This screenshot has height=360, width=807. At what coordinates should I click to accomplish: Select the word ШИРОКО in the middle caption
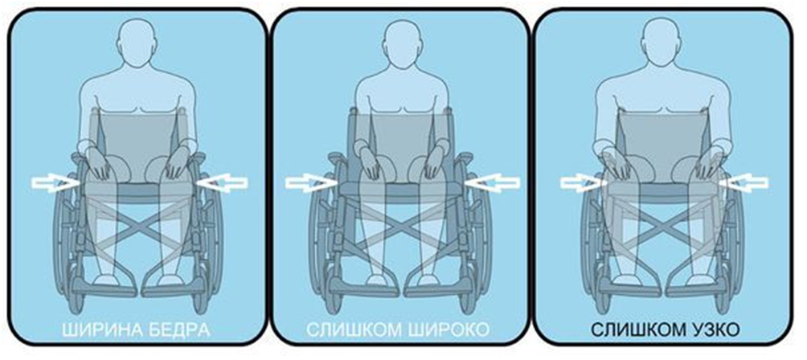(446, 330)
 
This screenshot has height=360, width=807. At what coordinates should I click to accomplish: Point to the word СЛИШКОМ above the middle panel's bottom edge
(353, 330)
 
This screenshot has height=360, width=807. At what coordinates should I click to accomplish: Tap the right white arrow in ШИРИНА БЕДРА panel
(223, 183)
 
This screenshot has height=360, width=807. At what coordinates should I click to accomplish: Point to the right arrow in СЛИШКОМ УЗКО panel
(744, 183)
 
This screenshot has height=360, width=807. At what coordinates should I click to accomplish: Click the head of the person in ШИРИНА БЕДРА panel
(137, 42)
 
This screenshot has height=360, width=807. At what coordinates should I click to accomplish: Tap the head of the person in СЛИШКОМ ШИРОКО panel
(403, 42)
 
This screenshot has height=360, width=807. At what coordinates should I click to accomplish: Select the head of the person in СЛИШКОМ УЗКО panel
(663, 42)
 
